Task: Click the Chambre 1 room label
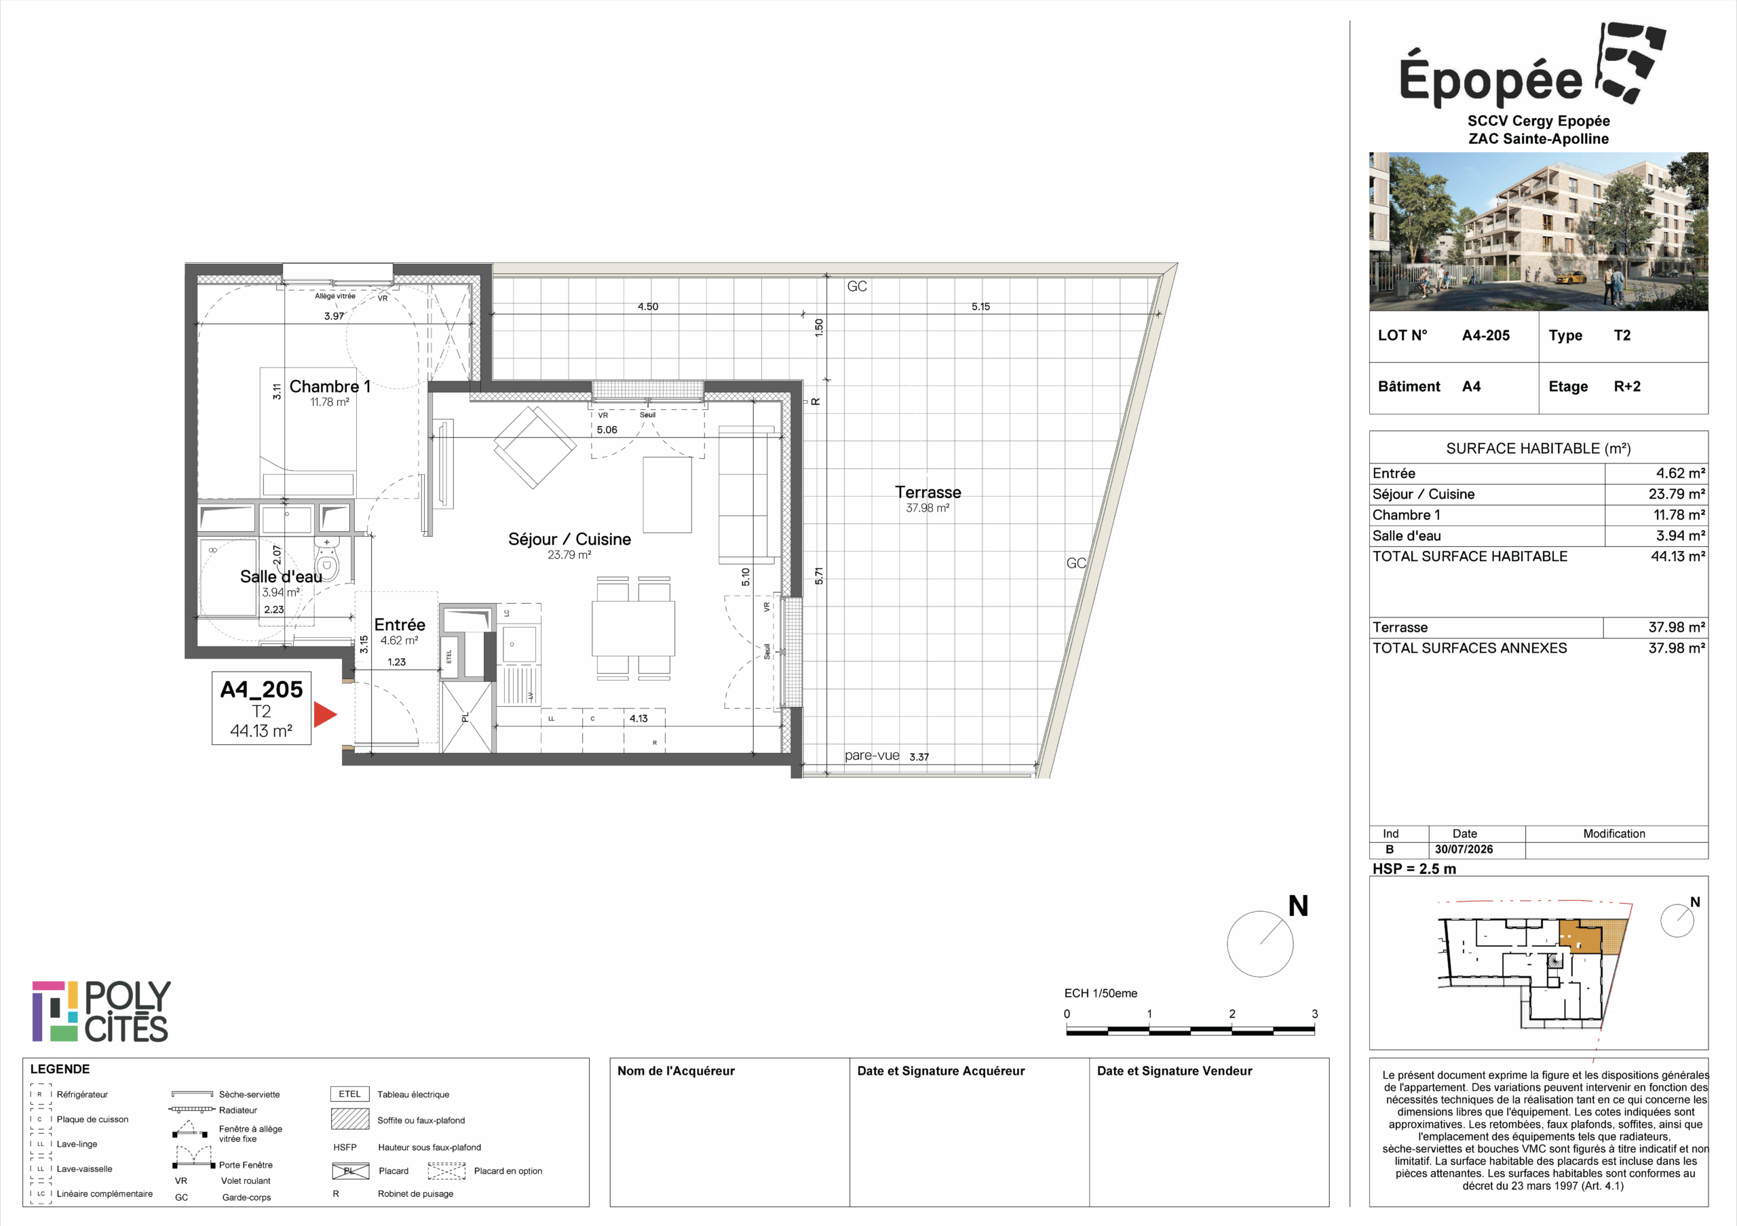click(330, 387)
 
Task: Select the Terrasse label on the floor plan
click(928, 493)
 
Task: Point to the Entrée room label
click(400, 625)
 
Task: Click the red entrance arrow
click(324, 714)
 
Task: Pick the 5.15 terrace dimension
click(980, 306)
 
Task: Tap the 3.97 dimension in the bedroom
click(334, 316)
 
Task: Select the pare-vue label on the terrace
click(871, 756)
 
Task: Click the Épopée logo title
click(1491, 79)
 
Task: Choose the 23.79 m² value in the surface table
click(1677, 494)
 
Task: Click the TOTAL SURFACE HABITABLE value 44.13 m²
click(1677, 556)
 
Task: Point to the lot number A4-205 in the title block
click(1485, 335)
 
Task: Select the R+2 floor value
click(1626, 387)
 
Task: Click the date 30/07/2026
click(1464, 849)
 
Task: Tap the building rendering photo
click(1538, 231)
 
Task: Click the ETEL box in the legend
click(349, 1094)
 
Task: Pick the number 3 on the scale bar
click(1314, 1014)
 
